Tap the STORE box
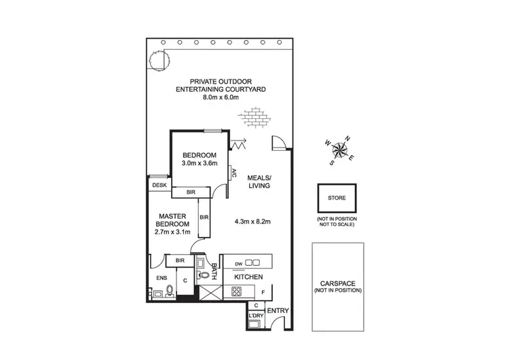click(x=337, y=199)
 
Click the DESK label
click(x=159, y=185)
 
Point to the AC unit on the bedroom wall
click(x=232, y=173)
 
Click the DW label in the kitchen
click(x=238, y=263)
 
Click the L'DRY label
click(x=255, y=316)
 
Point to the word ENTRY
click(x=279, y=310)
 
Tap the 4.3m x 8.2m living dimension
click(x=252, y=221)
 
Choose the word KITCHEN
click(x=248, y=277)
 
